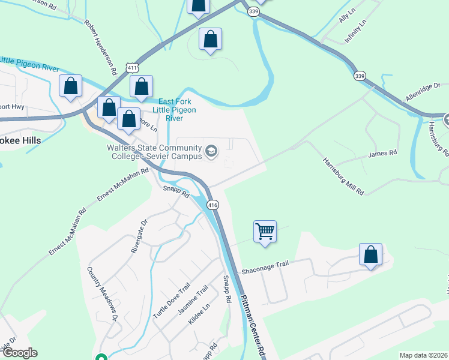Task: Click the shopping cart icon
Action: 265,230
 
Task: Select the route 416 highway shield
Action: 212,205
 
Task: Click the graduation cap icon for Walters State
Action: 211,151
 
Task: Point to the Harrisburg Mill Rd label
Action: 343,177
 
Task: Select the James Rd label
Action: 383,154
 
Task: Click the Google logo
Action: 19,353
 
